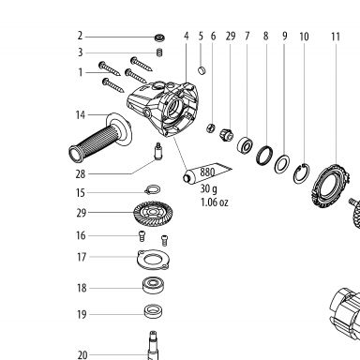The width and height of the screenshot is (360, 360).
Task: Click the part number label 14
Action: [x=81, y=115]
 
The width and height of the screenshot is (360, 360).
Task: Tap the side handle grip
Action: [x=100, y=138]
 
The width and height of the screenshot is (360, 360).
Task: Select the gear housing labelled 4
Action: [x=163, y=108]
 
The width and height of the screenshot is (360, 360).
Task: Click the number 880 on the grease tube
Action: [x=207, y=172]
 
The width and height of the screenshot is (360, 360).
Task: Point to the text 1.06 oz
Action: [x=215, y=202]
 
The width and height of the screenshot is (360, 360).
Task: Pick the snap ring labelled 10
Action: [x=302, y=173]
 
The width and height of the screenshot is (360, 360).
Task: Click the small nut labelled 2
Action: [x=159, y=37]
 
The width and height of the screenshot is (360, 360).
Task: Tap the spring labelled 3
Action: [x=159, y=52]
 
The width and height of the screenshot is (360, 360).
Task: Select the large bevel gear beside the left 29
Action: [x=153, y=213]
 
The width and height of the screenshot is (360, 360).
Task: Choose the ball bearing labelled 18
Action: [x=154, y=286]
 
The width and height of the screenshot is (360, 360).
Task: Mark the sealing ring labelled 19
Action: [x=154, y=311]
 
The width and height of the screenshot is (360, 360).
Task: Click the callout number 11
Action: [x=336, y=37]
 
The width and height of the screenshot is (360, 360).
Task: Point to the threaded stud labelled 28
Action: [x=158, y=152]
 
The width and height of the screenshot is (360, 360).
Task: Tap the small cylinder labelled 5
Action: [x=202, y=70]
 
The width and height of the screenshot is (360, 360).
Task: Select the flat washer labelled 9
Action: [x=282, y=163]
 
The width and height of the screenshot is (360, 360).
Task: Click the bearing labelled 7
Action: [x=246, y=144]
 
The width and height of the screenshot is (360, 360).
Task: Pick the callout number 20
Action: [x=82, y=355]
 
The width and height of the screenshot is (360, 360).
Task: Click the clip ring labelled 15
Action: [x=153, y=189]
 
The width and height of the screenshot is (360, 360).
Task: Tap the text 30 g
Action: [x=208, y=188]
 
